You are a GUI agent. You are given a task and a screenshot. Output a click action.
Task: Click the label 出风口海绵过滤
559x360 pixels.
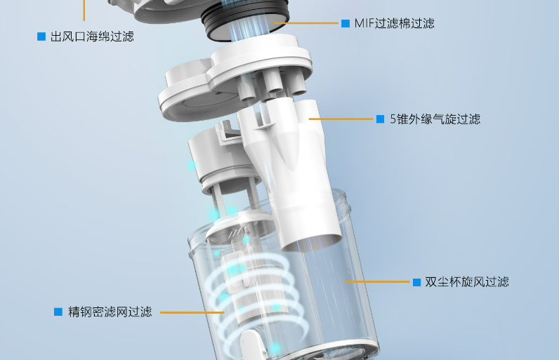92,36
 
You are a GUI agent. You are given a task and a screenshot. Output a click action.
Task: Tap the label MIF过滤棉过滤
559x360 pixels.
394,24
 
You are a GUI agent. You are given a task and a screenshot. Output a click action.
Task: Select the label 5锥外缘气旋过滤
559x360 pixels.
435,119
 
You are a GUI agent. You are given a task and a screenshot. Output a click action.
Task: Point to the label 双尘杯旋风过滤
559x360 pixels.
466,282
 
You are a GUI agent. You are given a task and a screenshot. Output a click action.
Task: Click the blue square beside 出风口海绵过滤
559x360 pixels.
41,36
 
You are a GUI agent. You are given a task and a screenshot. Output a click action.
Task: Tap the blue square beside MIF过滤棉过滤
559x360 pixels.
346,24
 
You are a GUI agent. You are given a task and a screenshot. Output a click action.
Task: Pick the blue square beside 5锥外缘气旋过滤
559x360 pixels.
380,119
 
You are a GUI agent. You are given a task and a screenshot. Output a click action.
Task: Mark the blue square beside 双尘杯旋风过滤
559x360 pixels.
416,282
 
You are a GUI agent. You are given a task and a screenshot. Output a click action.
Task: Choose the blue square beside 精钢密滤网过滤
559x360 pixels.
58,312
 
